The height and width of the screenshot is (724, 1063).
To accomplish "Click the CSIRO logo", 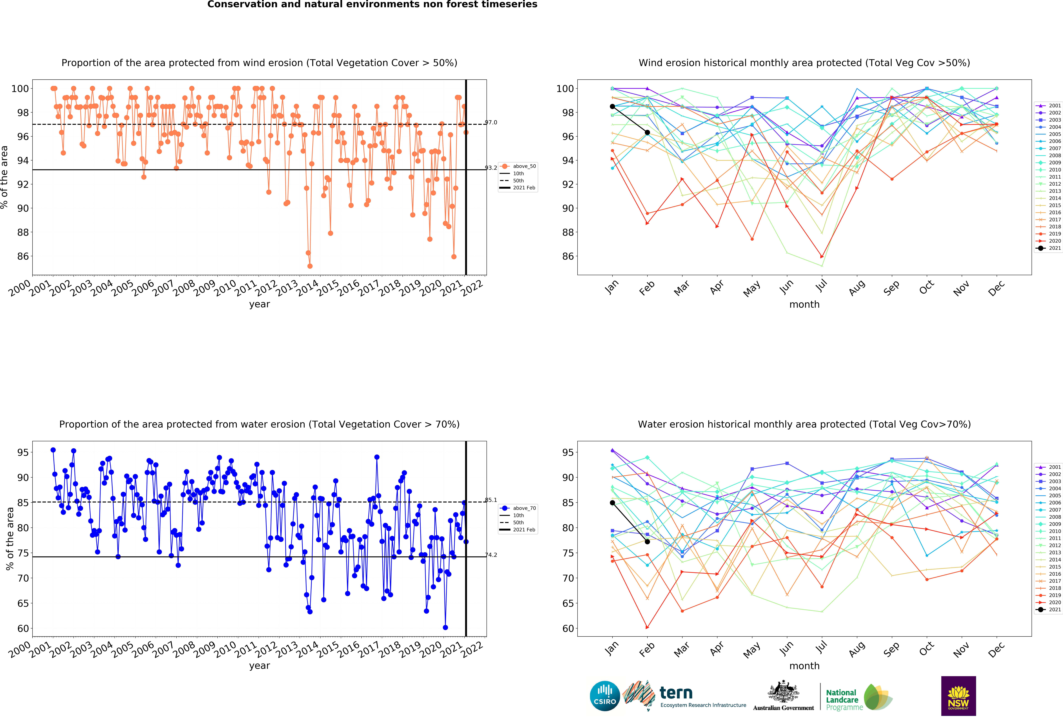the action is click(x=605, y=696).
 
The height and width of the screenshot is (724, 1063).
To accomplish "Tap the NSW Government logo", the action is click(x=958, y=696).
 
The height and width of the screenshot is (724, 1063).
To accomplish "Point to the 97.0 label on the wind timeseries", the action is click(x=491, y=122).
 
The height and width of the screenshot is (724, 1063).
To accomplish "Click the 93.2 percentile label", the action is click(x=491, y=168).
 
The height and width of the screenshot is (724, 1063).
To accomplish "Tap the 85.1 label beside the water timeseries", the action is click(x=491, y=500).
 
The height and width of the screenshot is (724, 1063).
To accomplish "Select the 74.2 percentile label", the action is click(x=491, y=555).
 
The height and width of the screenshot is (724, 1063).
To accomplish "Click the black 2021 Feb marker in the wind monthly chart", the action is click(x=647, y=133).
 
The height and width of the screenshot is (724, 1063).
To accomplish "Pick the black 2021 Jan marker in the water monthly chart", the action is click(x=612, y=503).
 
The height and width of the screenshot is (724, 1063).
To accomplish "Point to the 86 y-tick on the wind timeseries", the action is click(x=23, y=256).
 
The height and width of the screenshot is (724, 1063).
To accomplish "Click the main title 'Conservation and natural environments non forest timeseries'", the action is click(x=372, y=5).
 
